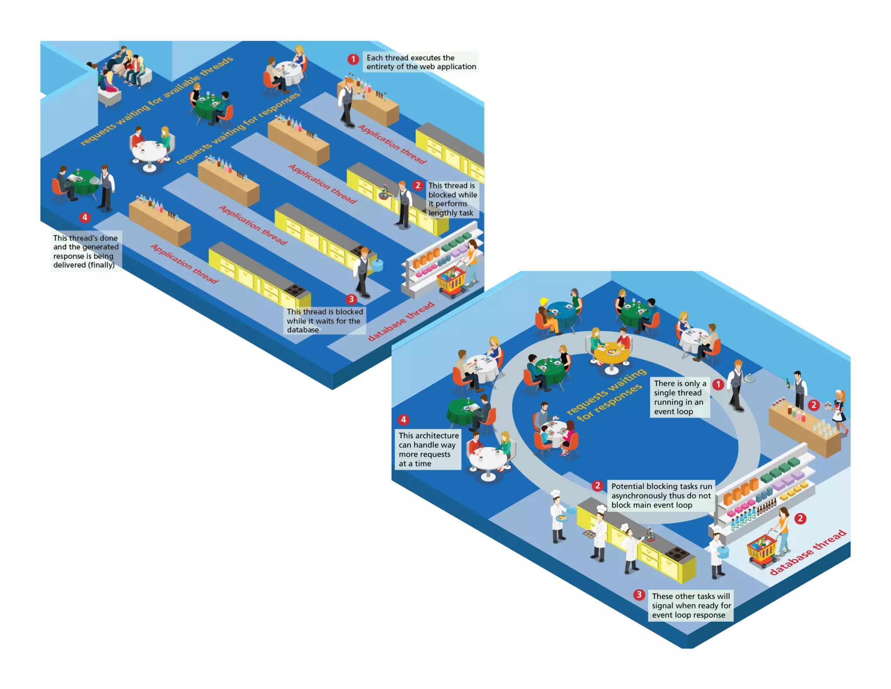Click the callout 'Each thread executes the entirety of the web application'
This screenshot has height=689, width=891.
(x=421, y=62)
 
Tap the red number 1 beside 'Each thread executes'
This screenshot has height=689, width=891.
(x=353, y=59)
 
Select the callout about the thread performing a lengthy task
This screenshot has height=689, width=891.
(x=452, y=199)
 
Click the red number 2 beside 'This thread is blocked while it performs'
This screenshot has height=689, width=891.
(x=418, y=186)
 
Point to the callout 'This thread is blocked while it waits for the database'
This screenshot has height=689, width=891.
(x=325, y=321)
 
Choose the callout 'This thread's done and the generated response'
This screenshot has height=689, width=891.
(x=85, y=251)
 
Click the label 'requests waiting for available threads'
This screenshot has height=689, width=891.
(x=157, y=101)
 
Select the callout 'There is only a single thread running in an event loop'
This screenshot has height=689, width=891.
(x=680, y=397)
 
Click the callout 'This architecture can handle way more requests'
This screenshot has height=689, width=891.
(x=428, y=449)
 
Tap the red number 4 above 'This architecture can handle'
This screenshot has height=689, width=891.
(x=403, y=420)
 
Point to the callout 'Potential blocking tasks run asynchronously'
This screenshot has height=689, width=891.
(x=661, y=496)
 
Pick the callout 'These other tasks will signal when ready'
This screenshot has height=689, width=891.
(x=691, y=605)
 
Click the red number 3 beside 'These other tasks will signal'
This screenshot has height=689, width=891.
(x=639, y=595)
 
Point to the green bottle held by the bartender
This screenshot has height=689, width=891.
(x=788, y=383)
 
